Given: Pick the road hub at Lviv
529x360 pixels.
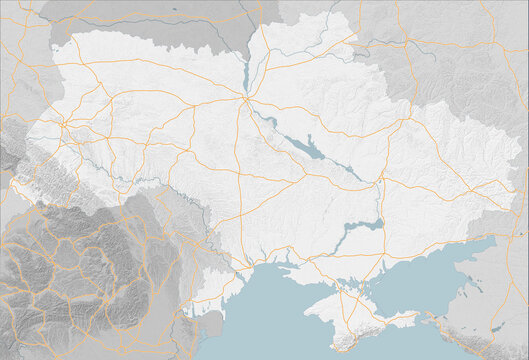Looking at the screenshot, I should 62,124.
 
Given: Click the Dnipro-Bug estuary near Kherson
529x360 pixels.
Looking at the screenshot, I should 290,267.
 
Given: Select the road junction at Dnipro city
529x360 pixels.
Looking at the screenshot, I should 380,182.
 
